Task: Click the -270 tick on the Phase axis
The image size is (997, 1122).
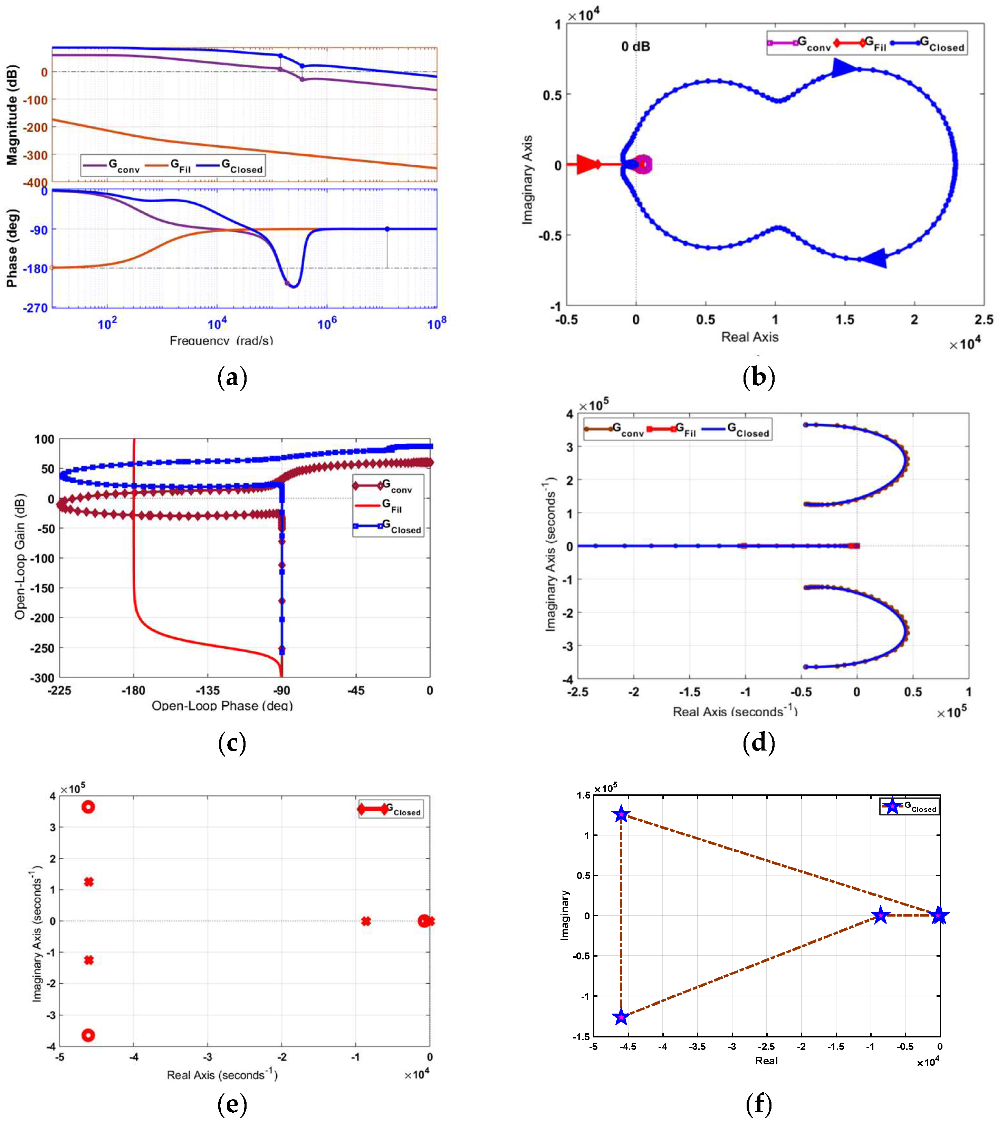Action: (x=35, y=308)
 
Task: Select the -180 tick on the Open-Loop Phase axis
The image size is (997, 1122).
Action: (x=133, y=690)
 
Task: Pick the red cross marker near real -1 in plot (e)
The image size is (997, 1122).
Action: (x=366, y=921)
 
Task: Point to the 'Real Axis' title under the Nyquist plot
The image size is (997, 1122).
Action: (x=749, y=337)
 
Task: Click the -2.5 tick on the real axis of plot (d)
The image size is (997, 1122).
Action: (x=577, y=692)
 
